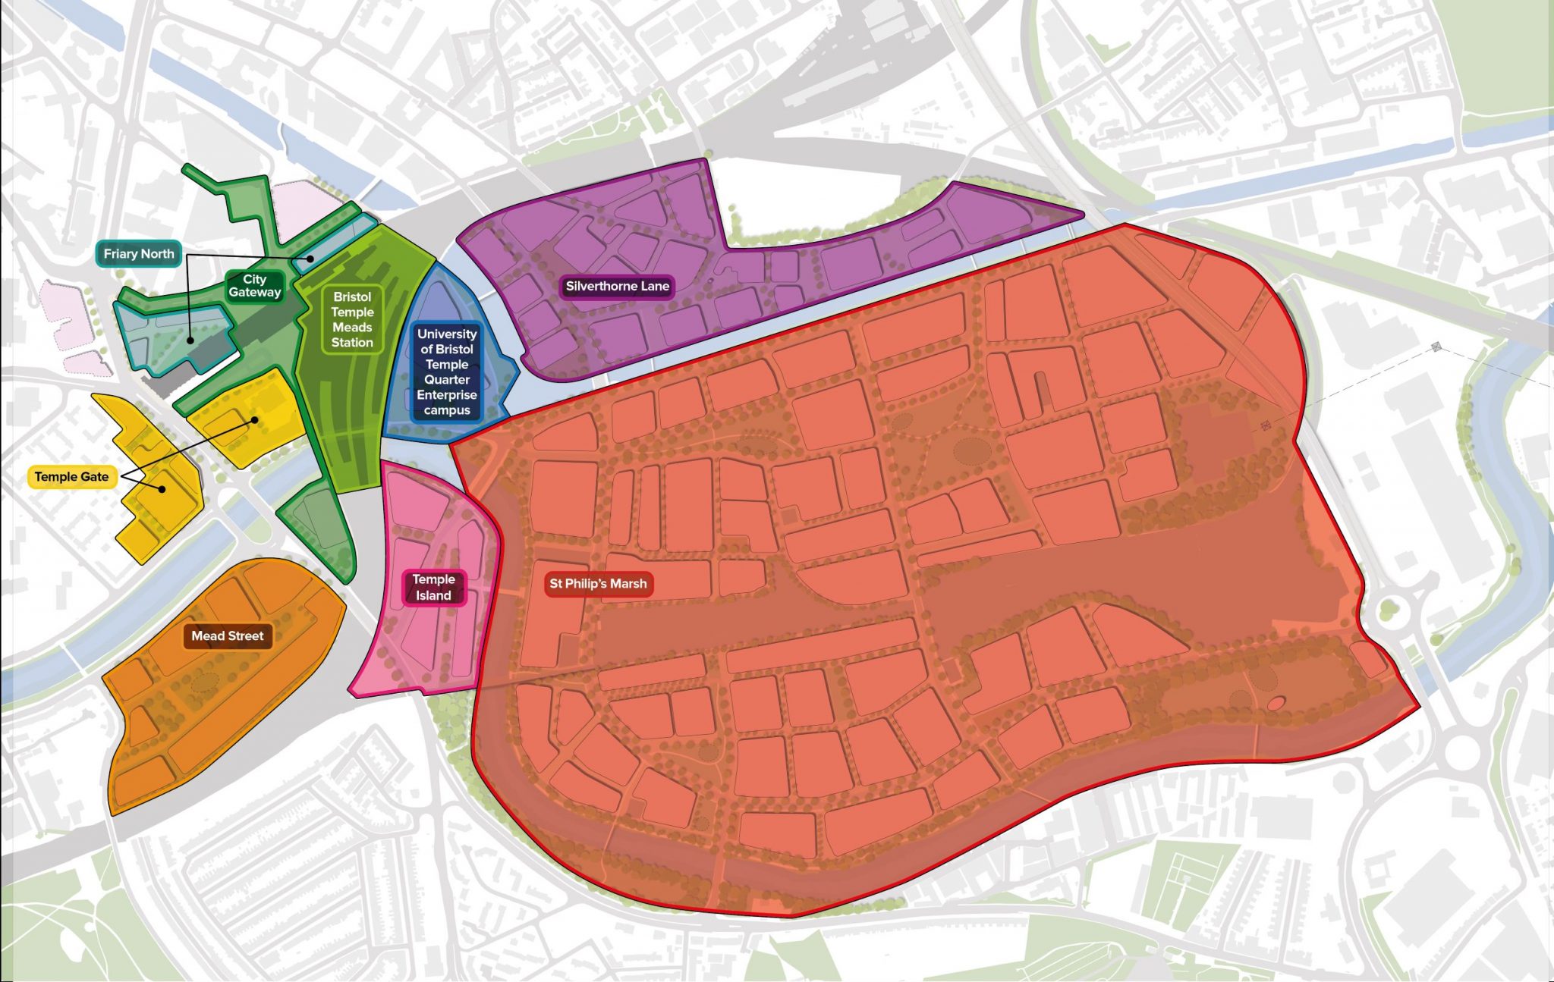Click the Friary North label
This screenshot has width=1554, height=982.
[x=139, y=254]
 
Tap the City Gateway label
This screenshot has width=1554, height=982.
[x=254, y=286]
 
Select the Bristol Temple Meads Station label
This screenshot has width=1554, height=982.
[x=352, y=319]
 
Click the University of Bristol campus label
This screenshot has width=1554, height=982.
[x=446, y=372]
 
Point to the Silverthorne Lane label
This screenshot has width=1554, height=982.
[x=617, y=287]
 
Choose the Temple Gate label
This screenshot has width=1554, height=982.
[x=71, y=477]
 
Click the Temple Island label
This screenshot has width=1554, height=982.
[x=433, y=588]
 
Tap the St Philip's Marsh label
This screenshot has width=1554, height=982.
[x=598, y=584]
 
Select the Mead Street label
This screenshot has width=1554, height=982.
[x=227, y=636]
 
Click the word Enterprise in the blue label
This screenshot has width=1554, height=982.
[x=446, y=395]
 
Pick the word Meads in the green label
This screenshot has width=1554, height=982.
[x=352, y=328]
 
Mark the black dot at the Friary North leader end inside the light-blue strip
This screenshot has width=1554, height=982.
[x=310, y=259]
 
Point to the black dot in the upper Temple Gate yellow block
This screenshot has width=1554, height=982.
[x=255, y=419]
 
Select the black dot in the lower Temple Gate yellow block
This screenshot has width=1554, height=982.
[x=162, y=489]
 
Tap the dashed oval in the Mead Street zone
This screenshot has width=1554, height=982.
[x=204, y=682]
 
